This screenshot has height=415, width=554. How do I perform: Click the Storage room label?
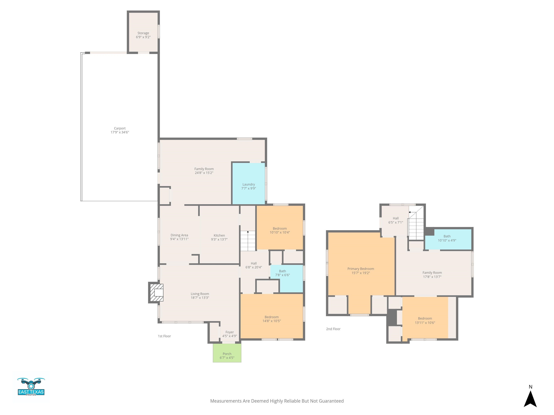[143, 33]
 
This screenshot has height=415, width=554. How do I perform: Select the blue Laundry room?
[249, 183]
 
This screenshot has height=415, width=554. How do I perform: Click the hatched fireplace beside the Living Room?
[157, 292]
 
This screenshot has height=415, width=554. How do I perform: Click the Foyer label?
[230, 332]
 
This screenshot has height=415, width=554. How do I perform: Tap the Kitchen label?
[219, 235]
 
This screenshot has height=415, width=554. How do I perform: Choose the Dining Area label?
[179, 235]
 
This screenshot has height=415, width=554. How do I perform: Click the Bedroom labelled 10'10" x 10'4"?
[280, 228]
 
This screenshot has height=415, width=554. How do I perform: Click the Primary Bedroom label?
[361, 269]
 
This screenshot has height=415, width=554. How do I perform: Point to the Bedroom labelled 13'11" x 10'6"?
[425, 318]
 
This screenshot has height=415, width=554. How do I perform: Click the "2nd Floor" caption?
[333, 329]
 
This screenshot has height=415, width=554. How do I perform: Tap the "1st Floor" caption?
[164, 336]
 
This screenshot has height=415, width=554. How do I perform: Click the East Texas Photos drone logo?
[31, 387]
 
